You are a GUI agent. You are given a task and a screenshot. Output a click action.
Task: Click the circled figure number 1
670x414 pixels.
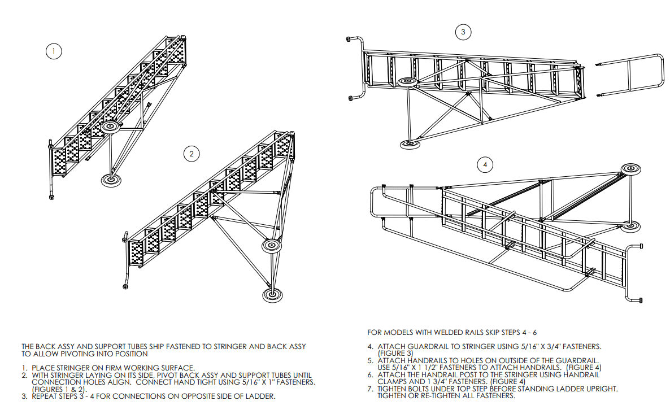pos(54,51)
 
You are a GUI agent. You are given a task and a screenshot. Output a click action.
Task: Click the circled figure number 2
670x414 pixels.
pos(193,153)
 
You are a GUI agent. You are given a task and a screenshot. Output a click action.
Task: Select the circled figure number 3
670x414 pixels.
pos(463,32)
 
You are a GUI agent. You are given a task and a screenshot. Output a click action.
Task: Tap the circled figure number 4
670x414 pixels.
pos(485,165)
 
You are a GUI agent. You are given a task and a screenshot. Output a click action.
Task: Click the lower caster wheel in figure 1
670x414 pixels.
pos(109,180)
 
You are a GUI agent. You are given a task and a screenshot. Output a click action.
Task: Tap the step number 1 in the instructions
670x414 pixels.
pos(24,368)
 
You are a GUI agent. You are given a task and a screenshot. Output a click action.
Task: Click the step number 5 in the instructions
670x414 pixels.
pos(370,360)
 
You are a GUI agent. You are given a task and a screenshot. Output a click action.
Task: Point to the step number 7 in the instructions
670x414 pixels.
pos(370,389)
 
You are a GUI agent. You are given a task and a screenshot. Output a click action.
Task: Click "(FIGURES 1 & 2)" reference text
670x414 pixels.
pos(59,390)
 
